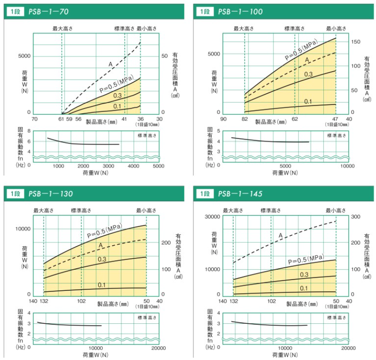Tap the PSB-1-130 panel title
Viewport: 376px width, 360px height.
pos(50,193)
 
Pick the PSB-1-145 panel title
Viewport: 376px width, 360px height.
pos(240,193)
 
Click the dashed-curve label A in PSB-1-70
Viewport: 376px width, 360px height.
pos(110,64)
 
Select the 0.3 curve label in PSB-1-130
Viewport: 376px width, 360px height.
pos(103,259)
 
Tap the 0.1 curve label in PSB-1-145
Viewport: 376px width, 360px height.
pos(304,288)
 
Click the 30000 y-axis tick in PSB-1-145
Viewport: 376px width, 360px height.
pos(212,217)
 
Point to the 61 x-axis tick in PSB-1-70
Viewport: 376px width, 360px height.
pos(62,119)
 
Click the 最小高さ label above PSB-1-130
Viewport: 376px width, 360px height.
pos(146,210)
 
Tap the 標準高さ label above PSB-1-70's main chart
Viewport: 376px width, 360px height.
pos(124,29)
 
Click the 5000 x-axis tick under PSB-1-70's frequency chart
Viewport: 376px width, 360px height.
pos(159,166)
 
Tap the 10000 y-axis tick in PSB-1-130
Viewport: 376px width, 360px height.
pos(23,229)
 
